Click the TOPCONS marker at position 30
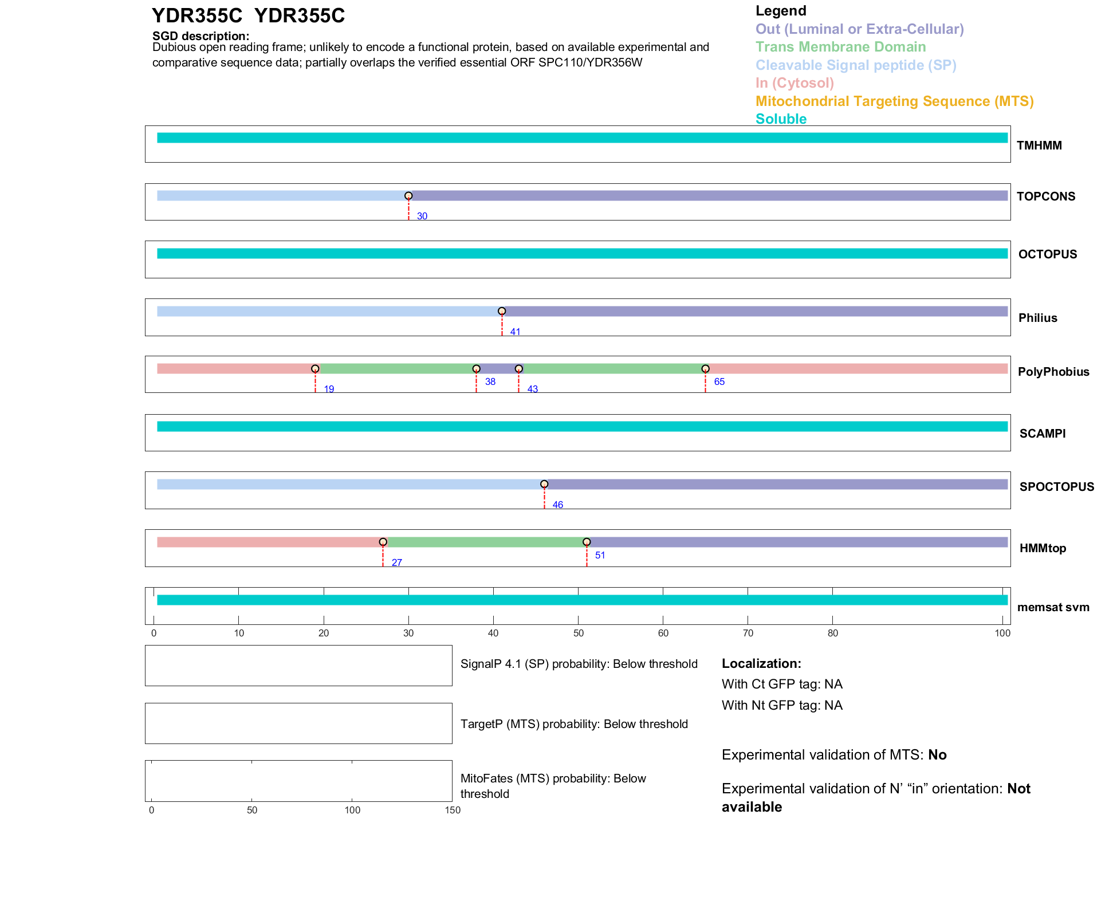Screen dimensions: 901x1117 pos(408,196)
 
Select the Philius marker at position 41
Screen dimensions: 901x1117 pos(502,311)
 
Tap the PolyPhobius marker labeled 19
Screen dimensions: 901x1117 pos(315,369)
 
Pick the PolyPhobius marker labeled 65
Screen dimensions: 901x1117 pos(705,369)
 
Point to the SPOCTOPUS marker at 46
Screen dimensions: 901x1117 pos(544,484)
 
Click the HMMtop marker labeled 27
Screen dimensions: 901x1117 pos(383,542)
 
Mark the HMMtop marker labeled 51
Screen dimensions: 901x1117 pos(587,542)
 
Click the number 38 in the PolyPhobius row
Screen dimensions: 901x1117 pos(490,381)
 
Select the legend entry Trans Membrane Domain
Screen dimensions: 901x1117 pos(840,47)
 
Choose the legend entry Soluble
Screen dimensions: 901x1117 pos(781,119)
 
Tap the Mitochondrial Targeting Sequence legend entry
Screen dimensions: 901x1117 pos(894,101)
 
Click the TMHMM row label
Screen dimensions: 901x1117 pos(1039,145)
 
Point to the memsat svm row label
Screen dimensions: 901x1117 pos(1053,607)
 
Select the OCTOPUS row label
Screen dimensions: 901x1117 pos(1047,254)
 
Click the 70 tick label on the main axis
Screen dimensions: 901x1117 pos(748,633)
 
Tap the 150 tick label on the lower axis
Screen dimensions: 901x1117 pos(453,810)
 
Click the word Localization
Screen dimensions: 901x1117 pos(761,663)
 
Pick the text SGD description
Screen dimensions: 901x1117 pos(200,36)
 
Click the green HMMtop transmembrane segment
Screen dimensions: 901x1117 pos(485,542)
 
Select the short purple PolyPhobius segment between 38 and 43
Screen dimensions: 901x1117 pos(497,369)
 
